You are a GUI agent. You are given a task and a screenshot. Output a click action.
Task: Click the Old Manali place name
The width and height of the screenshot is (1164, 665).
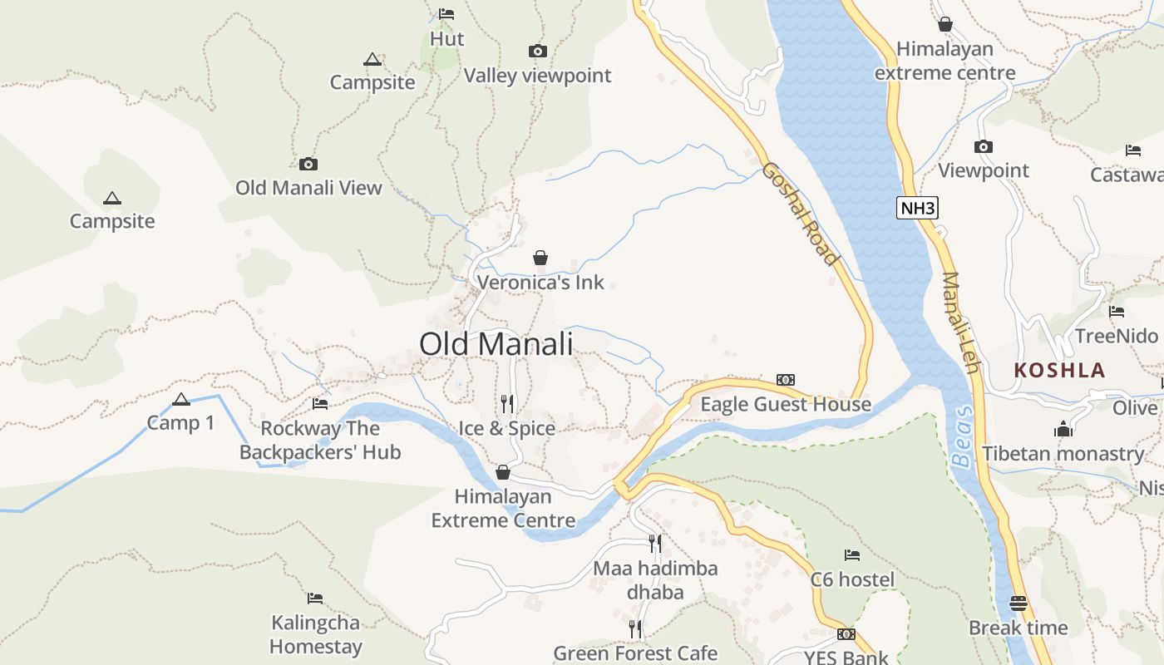tap(496, 343)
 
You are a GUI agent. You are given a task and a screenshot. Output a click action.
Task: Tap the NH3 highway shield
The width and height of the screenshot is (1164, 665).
tap(917, 208)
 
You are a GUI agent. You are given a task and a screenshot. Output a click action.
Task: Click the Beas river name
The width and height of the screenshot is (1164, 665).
tap(962, 436)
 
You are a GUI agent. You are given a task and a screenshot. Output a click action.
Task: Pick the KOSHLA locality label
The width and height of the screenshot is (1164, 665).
tap(1060, 371)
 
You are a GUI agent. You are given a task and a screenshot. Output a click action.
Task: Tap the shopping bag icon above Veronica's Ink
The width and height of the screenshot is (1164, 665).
tap(540, 259)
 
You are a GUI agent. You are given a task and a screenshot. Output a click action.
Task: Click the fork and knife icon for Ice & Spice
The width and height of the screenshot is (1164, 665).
tap(507, 404)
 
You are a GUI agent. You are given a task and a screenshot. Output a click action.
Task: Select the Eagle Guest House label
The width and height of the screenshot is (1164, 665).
tap(786, 405)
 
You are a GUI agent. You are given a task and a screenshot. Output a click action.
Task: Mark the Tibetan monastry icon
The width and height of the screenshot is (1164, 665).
tap(1063, 430)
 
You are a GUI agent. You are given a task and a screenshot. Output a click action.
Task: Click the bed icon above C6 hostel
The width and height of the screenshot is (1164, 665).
tap(852, 555)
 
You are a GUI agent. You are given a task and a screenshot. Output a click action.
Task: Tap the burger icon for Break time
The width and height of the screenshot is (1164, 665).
tap(1018, 603)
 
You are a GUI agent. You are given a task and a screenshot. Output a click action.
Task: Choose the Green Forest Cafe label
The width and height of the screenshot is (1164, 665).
tap(635, 653)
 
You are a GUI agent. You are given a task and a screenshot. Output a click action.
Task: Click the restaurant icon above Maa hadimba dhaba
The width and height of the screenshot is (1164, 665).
tap(655, 544)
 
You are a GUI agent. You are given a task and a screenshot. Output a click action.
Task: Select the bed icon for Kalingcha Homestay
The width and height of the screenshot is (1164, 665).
tap(315, 598)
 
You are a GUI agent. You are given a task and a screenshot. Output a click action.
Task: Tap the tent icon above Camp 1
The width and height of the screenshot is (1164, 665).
tap(181, 400)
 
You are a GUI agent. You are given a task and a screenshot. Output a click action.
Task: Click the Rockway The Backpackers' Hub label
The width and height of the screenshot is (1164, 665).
tap(320, 441)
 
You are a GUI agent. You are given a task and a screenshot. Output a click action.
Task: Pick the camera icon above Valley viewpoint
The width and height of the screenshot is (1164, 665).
tap(538, 52)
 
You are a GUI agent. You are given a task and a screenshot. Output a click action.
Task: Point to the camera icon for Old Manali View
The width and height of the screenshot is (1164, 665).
tap(308, 165)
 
